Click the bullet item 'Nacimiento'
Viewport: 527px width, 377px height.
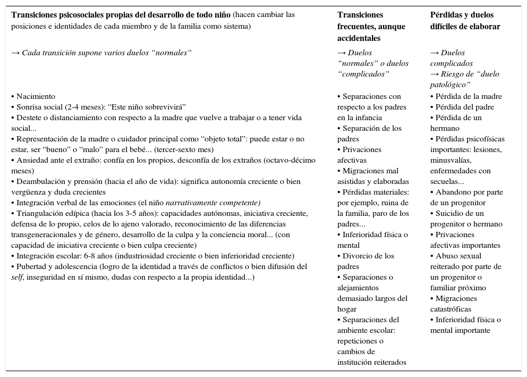point(35,97)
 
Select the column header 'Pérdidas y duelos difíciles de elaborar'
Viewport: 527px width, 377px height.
point(465,21)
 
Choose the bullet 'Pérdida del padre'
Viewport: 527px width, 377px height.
point(465,107)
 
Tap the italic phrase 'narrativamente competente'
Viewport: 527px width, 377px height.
point(212,203)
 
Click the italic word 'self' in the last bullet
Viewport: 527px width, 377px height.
point(18,278)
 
